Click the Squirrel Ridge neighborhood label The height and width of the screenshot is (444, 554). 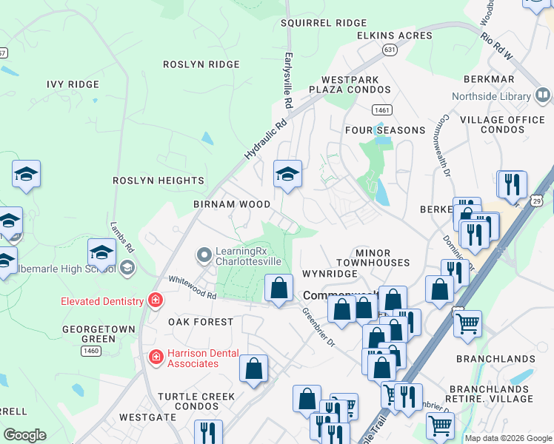tap(324, 23)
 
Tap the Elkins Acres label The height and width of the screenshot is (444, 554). tap(394, 36)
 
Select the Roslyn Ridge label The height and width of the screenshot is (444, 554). tap(201, 64)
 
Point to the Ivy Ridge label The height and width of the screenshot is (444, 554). tap(73, 84)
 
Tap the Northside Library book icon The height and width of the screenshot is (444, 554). tap(542, 95)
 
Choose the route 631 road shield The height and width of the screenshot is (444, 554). tap(390, 50)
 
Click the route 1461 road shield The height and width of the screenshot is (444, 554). tap(382, 110)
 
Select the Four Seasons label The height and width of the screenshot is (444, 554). tap(385, 130)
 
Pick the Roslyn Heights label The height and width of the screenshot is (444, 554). tap(158, 181)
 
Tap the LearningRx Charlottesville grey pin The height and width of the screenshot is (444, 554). tap(204, 255)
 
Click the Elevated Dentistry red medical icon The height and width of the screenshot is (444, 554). tap(155, 300)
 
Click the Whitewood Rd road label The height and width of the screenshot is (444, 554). tap(191, 285)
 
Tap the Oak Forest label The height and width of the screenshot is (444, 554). tap(200, 322)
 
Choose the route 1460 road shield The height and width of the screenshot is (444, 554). tap(91, 350)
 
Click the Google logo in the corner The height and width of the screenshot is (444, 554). tap(24, 435)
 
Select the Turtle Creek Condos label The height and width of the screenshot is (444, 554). tap(196, 401)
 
